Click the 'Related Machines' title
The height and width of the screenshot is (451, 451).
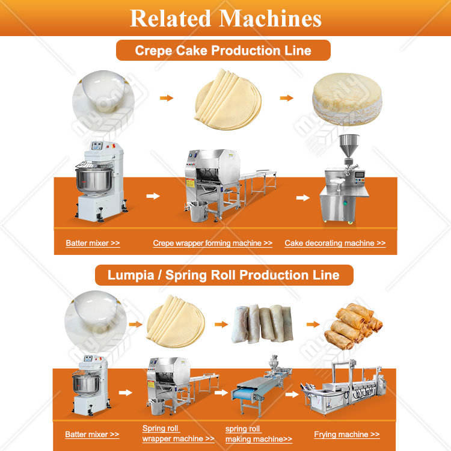click(226, 18)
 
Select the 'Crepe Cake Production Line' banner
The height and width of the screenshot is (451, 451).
click(223, 50)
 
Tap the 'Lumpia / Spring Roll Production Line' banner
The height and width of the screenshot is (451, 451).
click(223, 275)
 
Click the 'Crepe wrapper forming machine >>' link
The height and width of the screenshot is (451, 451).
click(212, 244)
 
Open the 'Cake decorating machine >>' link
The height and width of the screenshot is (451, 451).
click(335, 244)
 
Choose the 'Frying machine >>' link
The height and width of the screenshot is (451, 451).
click(346, 434)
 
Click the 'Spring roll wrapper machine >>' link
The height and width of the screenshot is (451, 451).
click(178, 434)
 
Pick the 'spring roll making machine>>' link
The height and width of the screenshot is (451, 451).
click(259, 434)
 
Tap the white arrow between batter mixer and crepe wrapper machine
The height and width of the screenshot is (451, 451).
click(153, 196)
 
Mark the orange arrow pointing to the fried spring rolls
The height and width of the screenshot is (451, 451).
click(313, 325)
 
